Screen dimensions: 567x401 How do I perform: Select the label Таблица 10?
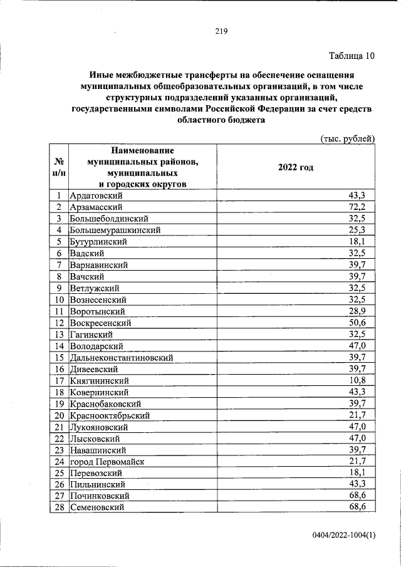[352, 56]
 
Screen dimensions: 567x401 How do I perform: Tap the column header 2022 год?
[295, 167]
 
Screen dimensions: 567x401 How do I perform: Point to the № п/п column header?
[58, 167]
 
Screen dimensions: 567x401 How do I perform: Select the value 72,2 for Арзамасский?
[365, 207]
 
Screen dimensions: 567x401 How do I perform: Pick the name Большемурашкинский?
[115, 231]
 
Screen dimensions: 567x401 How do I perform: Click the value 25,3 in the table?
[365, 231]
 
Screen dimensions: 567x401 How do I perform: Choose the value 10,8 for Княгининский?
[365, 380]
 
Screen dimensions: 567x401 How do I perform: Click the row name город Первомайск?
[107, 462]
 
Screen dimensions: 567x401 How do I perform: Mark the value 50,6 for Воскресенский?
[365, 323]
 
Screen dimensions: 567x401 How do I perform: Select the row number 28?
[58, 507]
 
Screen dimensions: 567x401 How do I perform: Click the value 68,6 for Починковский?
[365, 496]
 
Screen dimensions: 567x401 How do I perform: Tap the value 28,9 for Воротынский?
[365, 311]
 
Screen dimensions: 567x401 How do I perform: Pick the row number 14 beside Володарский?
[58, 346]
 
